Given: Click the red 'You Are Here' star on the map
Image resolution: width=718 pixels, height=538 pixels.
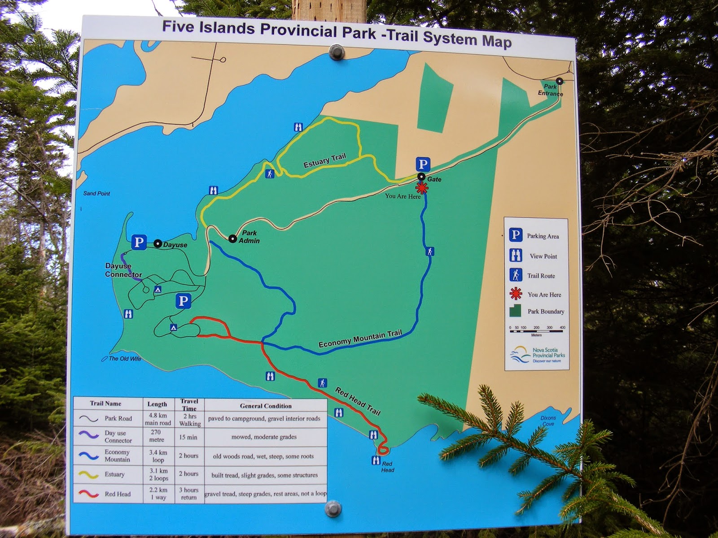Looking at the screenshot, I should point(422,188).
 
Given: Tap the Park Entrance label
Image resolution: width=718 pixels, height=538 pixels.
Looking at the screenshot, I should point(550,90).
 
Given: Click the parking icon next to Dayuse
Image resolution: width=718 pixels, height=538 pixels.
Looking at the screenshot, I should point(139,243).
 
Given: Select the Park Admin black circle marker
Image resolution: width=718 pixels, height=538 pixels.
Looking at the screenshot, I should point(232,239).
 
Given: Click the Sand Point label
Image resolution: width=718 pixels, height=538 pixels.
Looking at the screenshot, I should point(96,194).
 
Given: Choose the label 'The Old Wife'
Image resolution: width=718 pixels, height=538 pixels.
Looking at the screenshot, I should point(124,359).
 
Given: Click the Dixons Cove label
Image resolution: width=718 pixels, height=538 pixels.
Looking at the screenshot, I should point(548,421).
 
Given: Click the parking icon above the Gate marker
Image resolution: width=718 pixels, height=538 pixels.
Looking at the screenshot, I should point(422,164).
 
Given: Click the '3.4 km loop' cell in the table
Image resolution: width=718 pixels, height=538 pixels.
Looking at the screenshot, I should point(158,456).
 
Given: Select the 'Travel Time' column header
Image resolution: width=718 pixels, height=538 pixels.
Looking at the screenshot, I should point(189,405).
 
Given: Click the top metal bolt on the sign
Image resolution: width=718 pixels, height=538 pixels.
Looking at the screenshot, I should point(334,52).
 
